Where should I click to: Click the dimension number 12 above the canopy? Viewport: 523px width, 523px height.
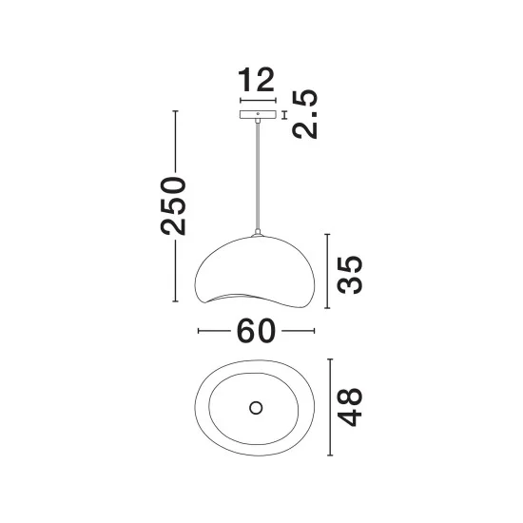coord(256,80)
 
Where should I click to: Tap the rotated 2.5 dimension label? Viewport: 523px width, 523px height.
coord(305,114)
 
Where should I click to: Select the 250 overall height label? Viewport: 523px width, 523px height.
coord(173,205)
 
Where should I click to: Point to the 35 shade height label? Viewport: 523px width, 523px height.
coord(350,275)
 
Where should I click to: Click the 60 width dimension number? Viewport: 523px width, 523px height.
coord(256,331)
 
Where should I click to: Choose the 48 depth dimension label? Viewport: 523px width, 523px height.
coord(350,407)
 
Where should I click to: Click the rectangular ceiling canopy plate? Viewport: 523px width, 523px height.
coord(258,114)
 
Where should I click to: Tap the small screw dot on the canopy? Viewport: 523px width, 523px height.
coord(258,114)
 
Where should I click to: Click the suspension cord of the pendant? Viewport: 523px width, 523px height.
coord(258,176)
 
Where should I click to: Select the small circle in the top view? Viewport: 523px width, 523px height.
coord(256,408)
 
